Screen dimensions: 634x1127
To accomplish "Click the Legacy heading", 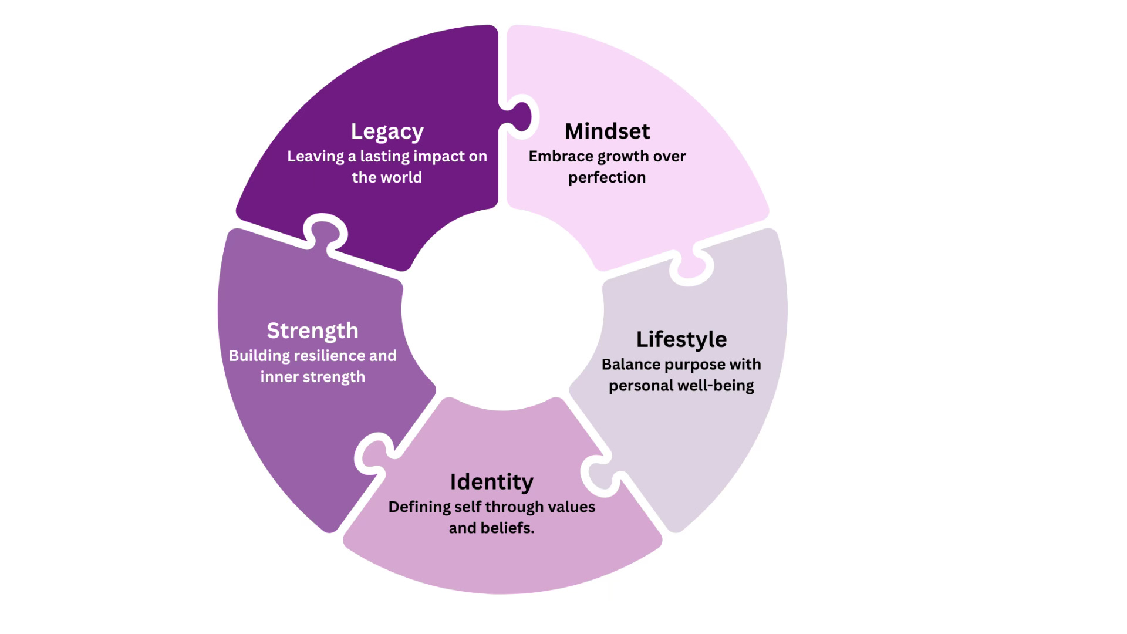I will click(387, 131).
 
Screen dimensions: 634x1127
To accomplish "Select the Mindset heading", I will click(607, 131).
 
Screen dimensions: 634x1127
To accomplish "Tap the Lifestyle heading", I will click(681, 339).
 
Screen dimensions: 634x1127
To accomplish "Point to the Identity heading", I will click(491, 482).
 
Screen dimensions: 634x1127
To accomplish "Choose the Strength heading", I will click(312, 331).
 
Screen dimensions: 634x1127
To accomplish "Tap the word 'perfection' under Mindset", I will click(607, 178).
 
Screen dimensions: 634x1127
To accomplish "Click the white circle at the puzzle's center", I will click(502, 309).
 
